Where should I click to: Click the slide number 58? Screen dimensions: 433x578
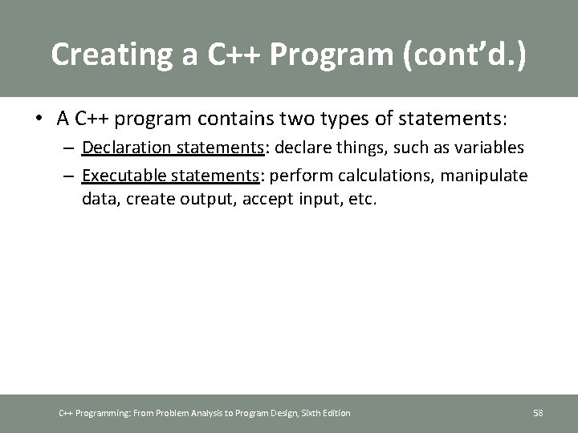(x=538, y=413)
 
